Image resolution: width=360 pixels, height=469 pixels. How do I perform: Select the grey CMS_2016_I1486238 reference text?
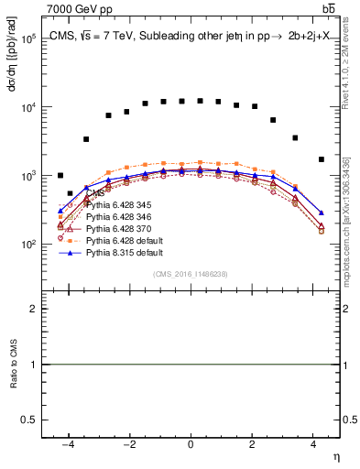click(x=190, y=273)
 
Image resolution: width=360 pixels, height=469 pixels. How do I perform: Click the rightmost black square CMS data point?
click(x=321, y=159)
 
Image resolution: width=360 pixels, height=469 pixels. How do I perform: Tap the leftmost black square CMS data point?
click(x=60, y=175)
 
